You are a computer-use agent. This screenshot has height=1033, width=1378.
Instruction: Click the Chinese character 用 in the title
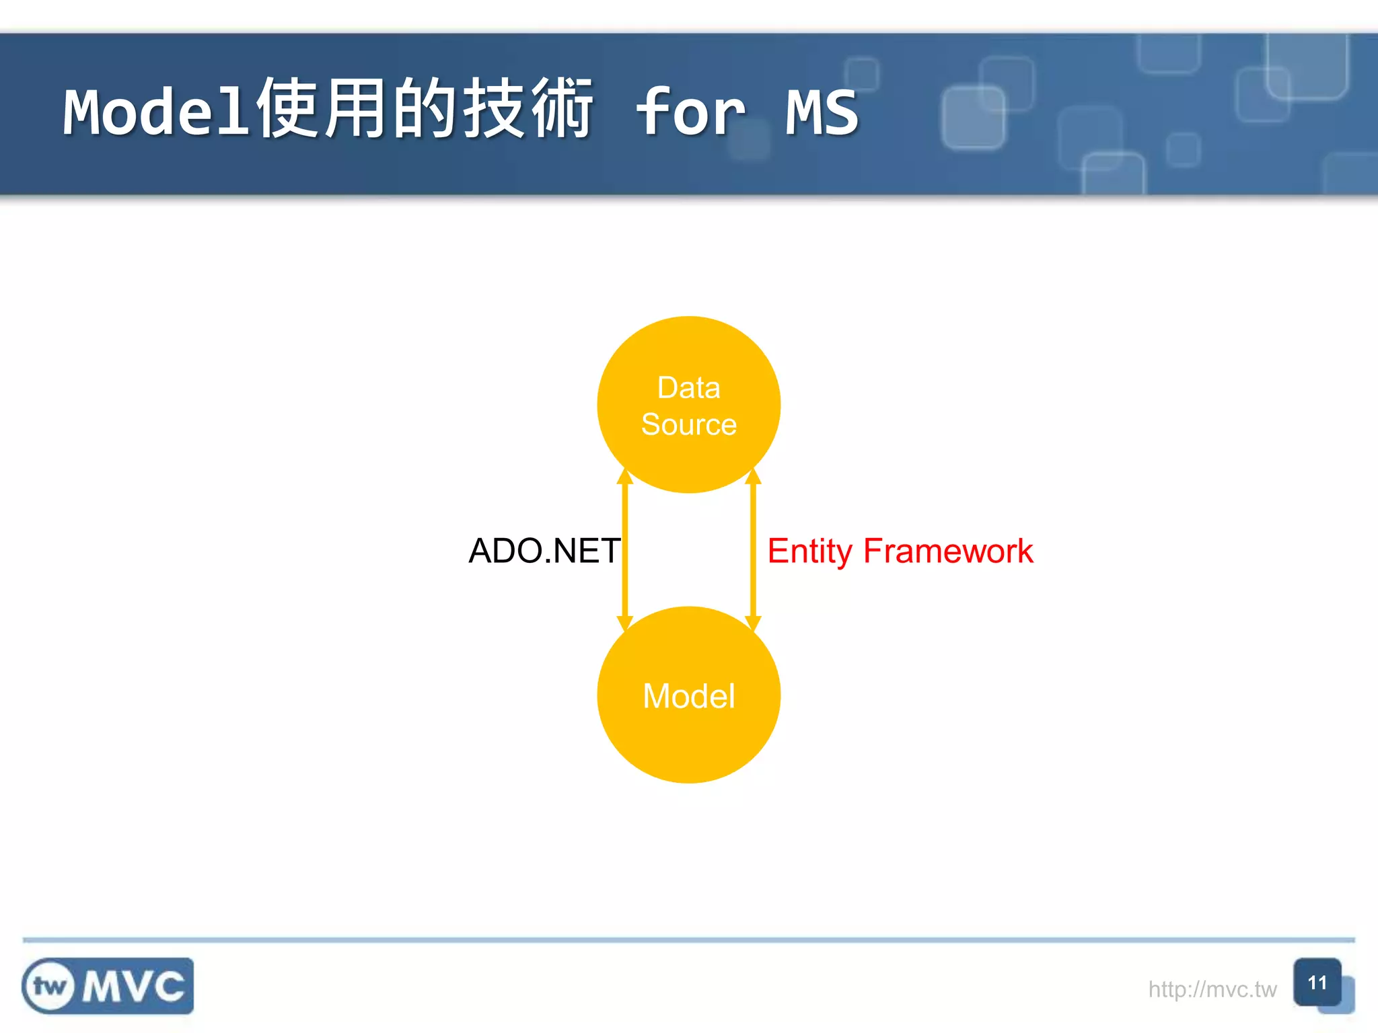pos(357,109)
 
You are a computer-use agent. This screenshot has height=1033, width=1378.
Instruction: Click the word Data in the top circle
pos(688,388)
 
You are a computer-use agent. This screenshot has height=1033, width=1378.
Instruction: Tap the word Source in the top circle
pos(688,424)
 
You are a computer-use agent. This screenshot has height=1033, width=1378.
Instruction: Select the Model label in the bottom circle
pos(688,696)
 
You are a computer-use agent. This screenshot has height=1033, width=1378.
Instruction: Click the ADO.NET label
pos(544,551)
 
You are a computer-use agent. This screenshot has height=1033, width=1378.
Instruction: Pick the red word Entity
pos(809,551)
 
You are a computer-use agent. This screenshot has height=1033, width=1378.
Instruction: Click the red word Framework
pos(947,551)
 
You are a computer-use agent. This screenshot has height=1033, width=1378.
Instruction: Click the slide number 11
pos(1317,983)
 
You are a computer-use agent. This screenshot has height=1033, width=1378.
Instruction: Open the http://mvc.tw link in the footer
pos(1212,989)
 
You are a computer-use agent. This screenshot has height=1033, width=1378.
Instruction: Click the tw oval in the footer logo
pos(50,987)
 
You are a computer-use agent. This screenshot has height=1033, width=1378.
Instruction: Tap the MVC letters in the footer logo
pos(133,987)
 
